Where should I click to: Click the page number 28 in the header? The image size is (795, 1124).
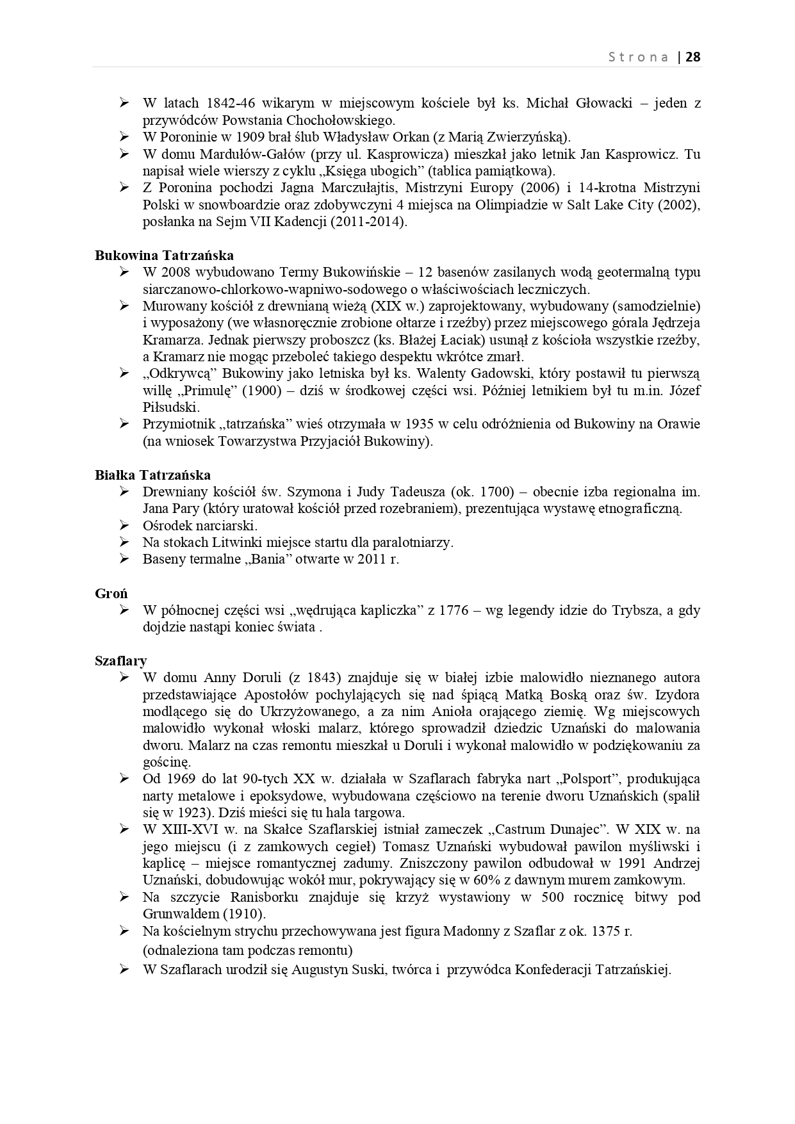pyautogui.click(x=693, y=57)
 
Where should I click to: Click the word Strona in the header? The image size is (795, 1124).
pyautogui.click(x=638, y=57)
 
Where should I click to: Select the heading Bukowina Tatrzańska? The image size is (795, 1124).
pyautogui.click(x=165, y=256)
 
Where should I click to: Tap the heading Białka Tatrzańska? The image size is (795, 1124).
pyautogui.click(x=152, y=475)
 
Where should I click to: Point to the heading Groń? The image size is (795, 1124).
pyautogui.click(x=111, y=593)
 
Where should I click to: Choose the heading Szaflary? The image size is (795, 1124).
pyautogui.click(x=121, y=660)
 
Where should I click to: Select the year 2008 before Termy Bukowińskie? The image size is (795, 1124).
pyautogui.click(x=176, y=272)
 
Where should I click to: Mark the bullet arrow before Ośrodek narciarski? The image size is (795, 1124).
pyautogui.click(x=124, y=526)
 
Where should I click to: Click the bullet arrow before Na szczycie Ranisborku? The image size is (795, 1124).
pyautogui.click(x=124, y=897)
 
